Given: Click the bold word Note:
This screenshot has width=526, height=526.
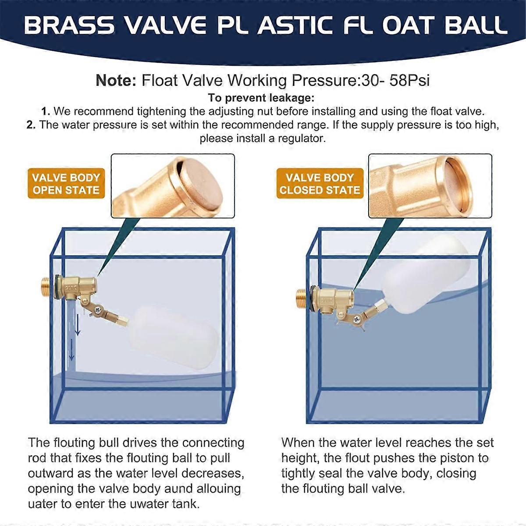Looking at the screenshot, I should [116, 81].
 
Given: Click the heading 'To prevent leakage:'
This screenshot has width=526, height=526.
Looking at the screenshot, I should [261, 97].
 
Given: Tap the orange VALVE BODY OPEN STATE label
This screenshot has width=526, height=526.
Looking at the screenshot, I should [66, 184].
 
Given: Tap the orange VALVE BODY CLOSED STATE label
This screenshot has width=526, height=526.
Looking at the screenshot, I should [320, 184].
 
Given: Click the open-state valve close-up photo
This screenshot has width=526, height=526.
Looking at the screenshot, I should [173, 185].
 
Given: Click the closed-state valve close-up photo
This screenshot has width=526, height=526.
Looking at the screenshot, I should [430, 185].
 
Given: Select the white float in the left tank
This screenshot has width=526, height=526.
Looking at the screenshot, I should [174, 333].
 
